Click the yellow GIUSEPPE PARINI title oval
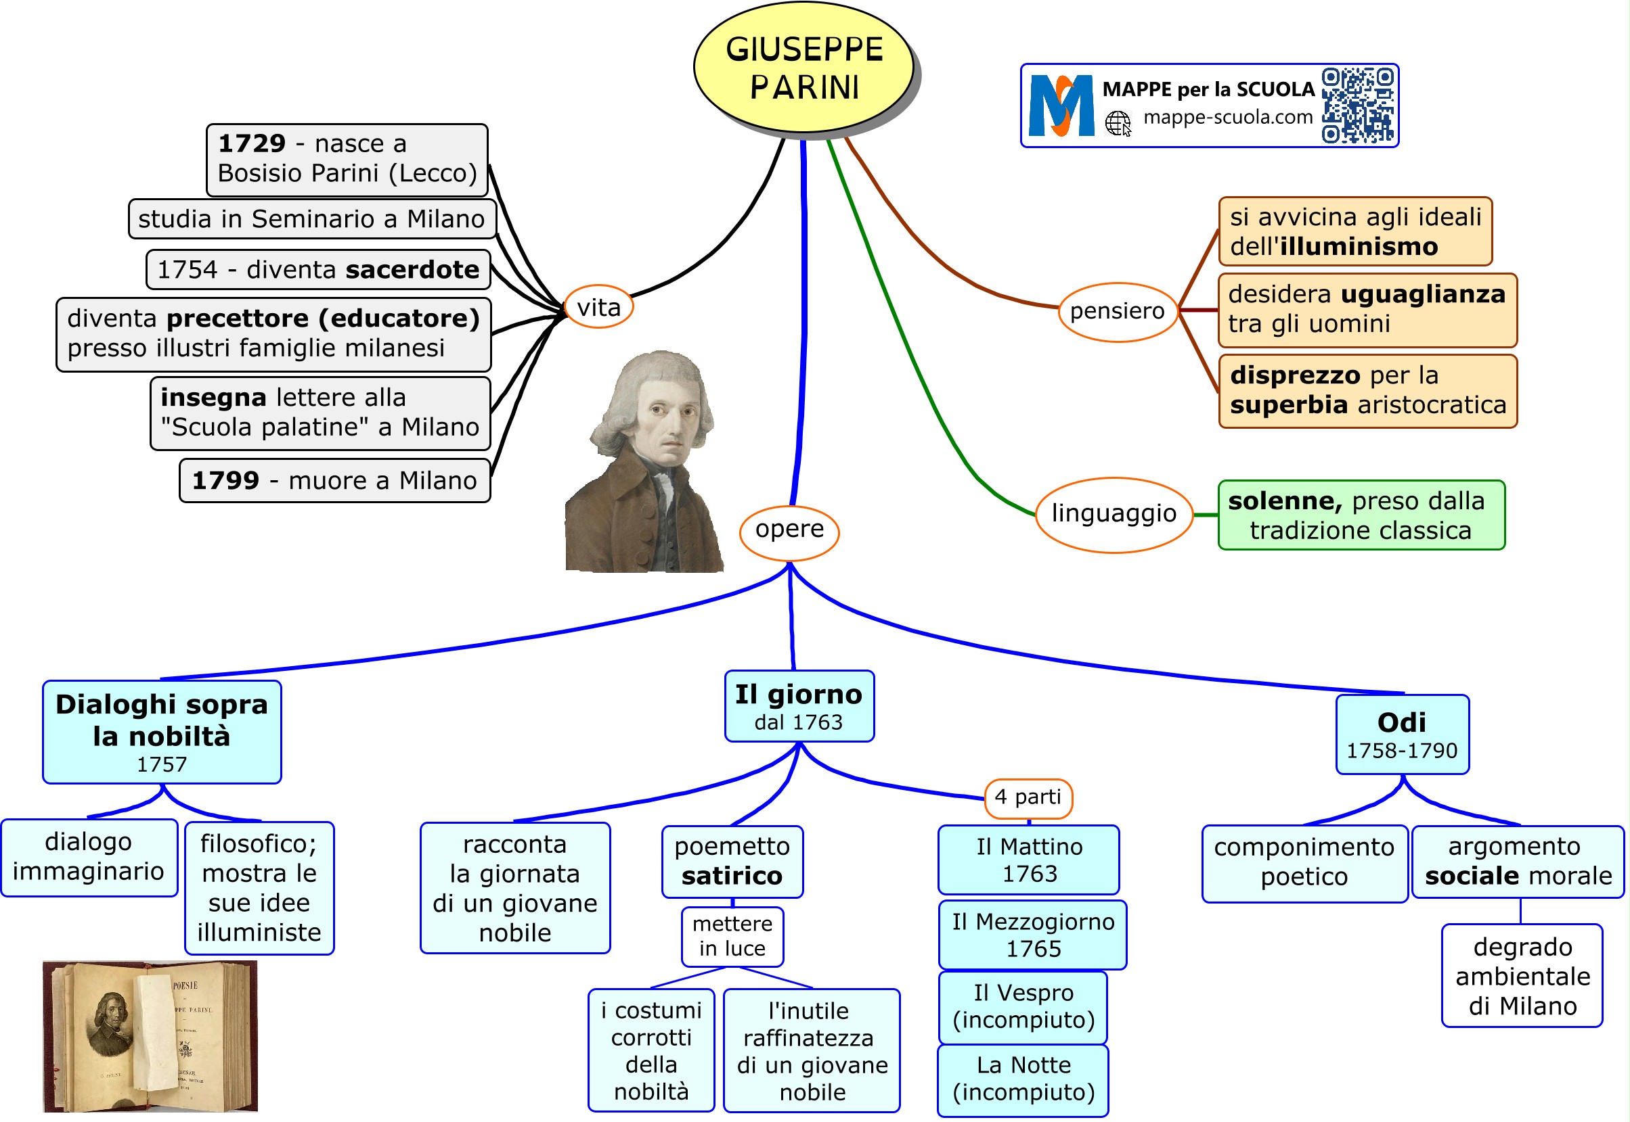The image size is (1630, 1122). click(x=803, y=68)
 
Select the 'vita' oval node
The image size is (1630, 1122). click(x=598, y=307)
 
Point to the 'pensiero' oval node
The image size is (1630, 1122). click(x=1117, y=311)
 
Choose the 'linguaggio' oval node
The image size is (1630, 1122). click(x=1114, y=514)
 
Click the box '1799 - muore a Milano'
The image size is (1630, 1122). click(x=334, y=481)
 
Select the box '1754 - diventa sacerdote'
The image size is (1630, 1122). click(x=318, y=270)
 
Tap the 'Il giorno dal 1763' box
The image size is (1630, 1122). click(x=799, y=707)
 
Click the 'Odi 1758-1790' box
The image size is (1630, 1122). click(x=1402, y=734)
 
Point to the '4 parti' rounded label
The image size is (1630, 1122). click(x=1028, y=798)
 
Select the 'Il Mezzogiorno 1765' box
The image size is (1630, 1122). click(x=1033, y=935)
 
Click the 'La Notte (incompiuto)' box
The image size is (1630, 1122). click(x=1023, y=1079)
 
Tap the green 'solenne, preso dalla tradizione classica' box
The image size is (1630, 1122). click(x=1361, y=515)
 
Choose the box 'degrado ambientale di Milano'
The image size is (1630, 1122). click(x=1522, y=976)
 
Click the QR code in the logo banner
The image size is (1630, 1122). click(x=1357, y=106)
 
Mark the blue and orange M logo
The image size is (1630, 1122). click(x=1061, y=106)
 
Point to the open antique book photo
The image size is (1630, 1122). click(x=150, y=1036)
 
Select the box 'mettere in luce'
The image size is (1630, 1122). click(x=732, y=937)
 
